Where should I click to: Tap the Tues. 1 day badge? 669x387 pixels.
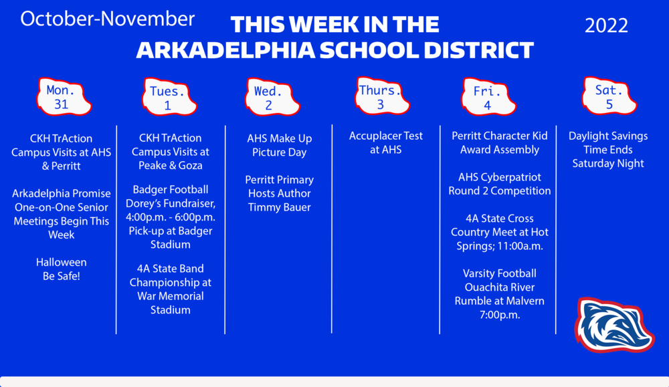coord(167,98)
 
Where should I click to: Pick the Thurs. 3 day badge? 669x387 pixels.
coord(380,97)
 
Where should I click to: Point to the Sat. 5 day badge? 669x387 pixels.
coord(609,97)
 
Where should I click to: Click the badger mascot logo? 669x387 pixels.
coord(604,324)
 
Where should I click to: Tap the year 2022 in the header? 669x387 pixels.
coord(606,25)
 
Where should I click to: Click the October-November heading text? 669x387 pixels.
coord(108,19)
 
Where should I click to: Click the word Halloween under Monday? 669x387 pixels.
coord(61,262)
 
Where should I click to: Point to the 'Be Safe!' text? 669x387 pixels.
coord(61,275)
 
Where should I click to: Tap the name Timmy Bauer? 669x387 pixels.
coord(279,207)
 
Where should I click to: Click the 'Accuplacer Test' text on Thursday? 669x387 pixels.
coord(386,136)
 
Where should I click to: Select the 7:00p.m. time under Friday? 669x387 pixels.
coord(500,314)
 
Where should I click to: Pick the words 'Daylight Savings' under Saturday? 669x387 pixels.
coord(608,136)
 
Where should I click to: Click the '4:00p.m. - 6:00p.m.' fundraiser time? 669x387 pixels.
coord(170,217)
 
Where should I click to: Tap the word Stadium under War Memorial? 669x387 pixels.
coord(170,309)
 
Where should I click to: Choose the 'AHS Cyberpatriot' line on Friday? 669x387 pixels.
coord(500,177)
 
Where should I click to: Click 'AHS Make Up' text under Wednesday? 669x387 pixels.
coord(279,138)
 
